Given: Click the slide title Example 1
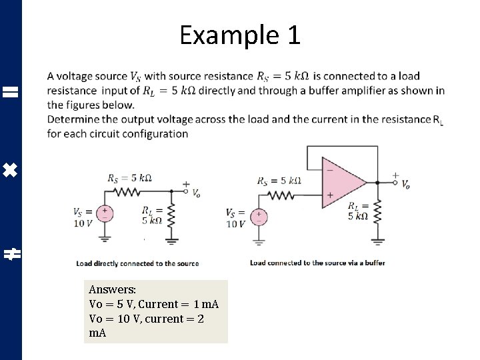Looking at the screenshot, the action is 240,35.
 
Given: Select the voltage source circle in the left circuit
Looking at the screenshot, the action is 105,213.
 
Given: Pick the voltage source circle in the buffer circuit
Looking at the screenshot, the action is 260,217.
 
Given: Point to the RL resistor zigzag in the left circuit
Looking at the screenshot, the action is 171,215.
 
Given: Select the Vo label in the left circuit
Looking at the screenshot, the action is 196,194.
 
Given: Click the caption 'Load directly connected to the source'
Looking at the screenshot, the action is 137,263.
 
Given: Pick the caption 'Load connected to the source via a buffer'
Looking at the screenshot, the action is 317,263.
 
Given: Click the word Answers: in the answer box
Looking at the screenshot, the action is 112,290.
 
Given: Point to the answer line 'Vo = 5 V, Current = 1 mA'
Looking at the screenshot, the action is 154,304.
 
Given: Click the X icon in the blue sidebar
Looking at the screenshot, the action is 11,172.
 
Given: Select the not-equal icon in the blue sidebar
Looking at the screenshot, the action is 11,253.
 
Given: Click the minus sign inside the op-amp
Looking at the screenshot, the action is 329,170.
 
